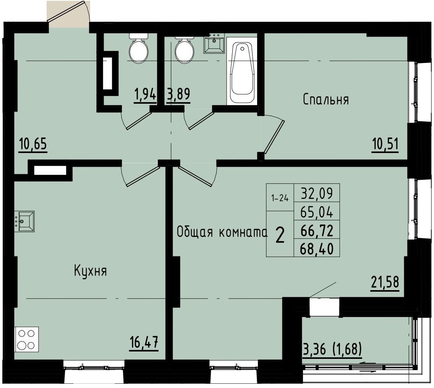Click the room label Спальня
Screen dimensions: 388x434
326,100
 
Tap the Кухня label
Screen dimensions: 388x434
90,271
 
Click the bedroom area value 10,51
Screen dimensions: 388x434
385,144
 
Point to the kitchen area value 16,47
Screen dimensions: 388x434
145,343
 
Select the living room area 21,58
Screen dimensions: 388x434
384,282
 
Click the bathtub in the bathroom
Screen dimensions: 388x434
242,71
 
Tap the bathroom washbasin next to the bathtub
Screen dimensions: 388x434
214,43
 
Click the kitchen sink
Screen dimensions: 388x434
24,221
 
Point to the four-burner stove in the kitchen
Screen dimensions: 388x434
26,339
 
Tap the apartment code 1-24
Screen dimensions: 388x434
280,198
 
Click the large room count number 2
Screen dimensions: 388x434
279,234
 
